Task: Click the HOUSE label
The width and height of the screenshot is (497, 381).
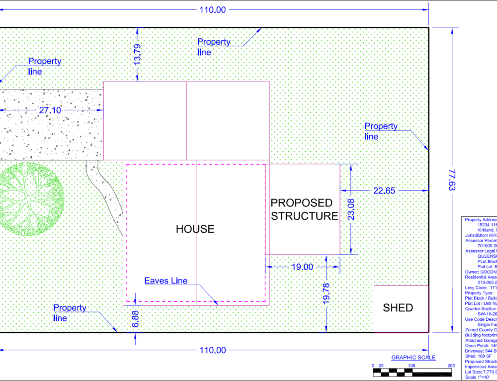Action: pos(195,229)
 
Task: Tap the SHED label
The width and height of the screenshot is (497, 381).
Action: pos(398,308)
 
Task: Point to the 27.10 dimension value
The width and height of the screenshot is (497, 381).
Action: pos(50,110)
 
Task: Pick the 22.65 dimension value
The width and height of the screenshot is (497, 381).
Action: pos(384,190)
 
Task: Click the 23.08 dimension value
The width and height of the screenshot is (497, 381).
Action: pos(352,210)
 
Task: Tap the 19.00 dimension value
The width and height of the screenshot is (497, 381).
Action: pos(302,267)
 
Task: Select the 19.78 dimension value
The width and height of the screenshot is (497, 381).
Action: pos(326,293)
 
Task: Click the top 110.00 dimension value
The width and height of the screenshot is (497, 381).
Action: pos(213,9)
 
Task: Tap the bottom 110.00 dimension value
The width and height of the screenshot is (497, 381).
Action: pos(213,350)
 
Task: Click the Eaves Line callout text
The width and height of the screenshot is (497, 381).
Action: pos(166,281)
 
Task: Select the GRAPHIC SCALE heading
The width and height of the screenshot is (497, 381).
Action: pos(414,357)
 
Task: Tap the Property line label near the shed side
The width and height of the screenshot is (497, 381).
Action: pos(381,131)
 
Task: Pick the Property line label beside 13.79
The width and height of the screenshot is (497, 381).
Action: pos(214,47)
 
